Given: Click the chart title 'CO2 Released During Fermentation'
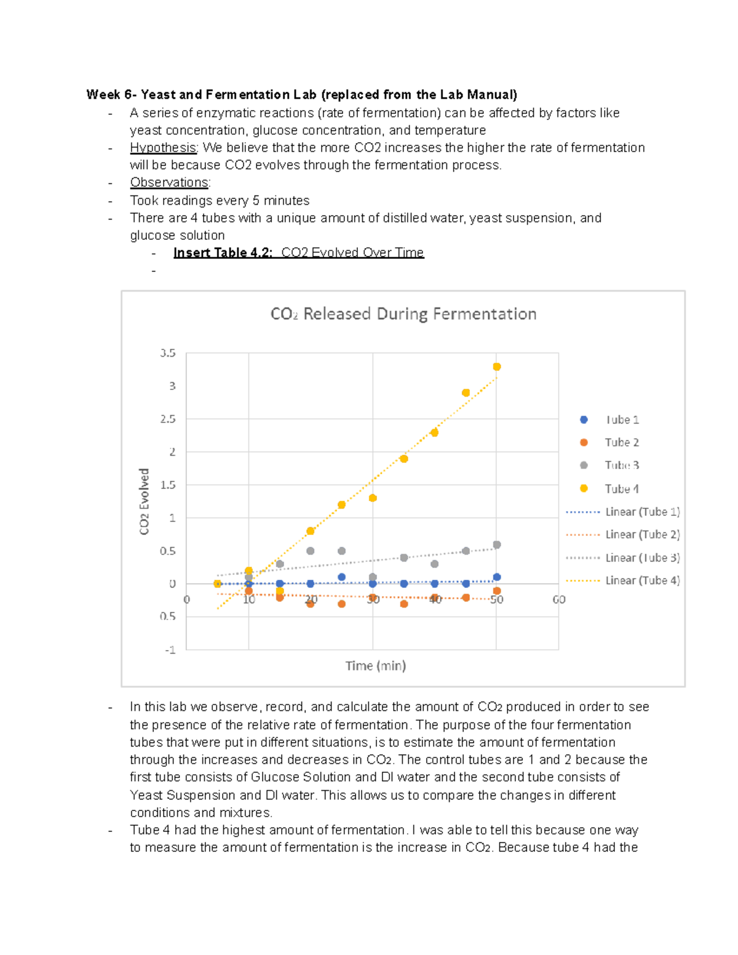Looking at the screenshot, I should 403,314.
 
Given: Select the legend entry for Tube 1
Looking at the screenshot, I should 621,420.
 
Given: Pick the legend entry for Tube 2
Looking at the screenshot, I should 621,443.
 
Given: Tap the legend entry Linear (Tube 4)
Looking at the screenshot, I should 642,581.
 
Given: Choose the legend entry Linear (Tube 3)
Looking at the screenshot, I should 642,558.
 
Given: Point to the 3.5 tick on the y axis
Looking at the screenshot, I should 168,353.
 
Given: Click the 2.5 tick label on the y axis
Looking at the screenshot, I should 168,419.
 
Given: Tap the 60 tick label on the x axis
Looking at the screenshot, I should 558,600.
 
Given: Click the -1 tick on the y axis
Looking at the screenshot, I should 170,650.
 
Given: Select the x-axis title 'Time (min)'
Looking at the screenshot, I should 375,666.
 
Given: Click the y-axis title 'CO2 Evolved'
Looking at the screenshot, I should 145,502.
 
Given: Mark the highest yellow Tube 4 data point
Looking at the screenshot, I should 497,367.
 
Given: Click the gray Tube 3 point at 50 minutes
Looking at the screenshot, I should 497,545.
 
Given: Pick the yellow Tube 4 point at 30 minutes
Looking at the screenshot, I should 373,498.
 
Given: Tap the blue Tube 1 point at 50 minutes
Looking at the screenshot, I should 497,577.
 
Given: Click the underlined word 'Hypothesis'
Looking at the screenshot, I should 163,148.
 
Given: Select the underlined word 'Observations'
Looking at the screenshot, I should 169,183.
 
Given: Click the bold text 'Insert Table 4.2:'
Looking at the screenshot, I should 223,253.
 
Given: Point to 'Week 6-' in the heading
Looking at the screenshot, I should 111,95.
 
